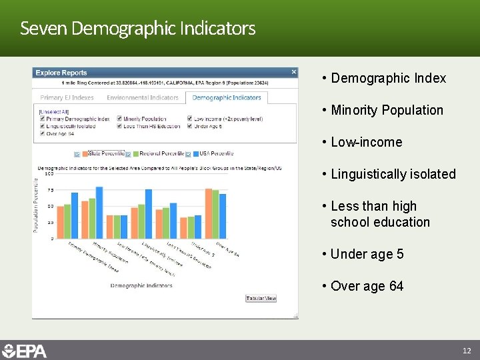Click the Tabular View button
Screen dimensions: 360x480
click(261, 299)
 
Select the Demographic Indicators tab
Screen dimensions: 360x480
click(227, 98)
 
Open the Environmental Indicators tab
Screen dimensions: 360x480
click(143, 98)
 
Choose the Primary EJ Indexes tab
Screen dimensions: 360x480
click(67, 98)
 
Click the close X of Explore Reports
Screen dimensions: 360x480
click(294, 72)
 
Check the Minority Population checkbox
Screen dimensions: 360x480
click(118, 119)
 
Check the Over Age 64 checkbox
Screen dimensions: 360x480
click(42, 133)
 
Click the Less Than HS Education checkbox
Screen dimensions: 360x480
click(118, 126)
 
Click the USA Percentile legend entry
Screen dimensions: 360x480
click(213, 154)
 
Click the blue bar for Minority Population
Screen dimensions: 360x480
click(99, 212)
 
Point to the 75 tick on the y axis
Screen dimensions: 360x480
click(51, 190)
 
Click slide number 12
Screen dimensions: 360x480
click(467, 351)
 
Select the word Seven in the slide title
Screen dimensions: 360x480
click(43, 29)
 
